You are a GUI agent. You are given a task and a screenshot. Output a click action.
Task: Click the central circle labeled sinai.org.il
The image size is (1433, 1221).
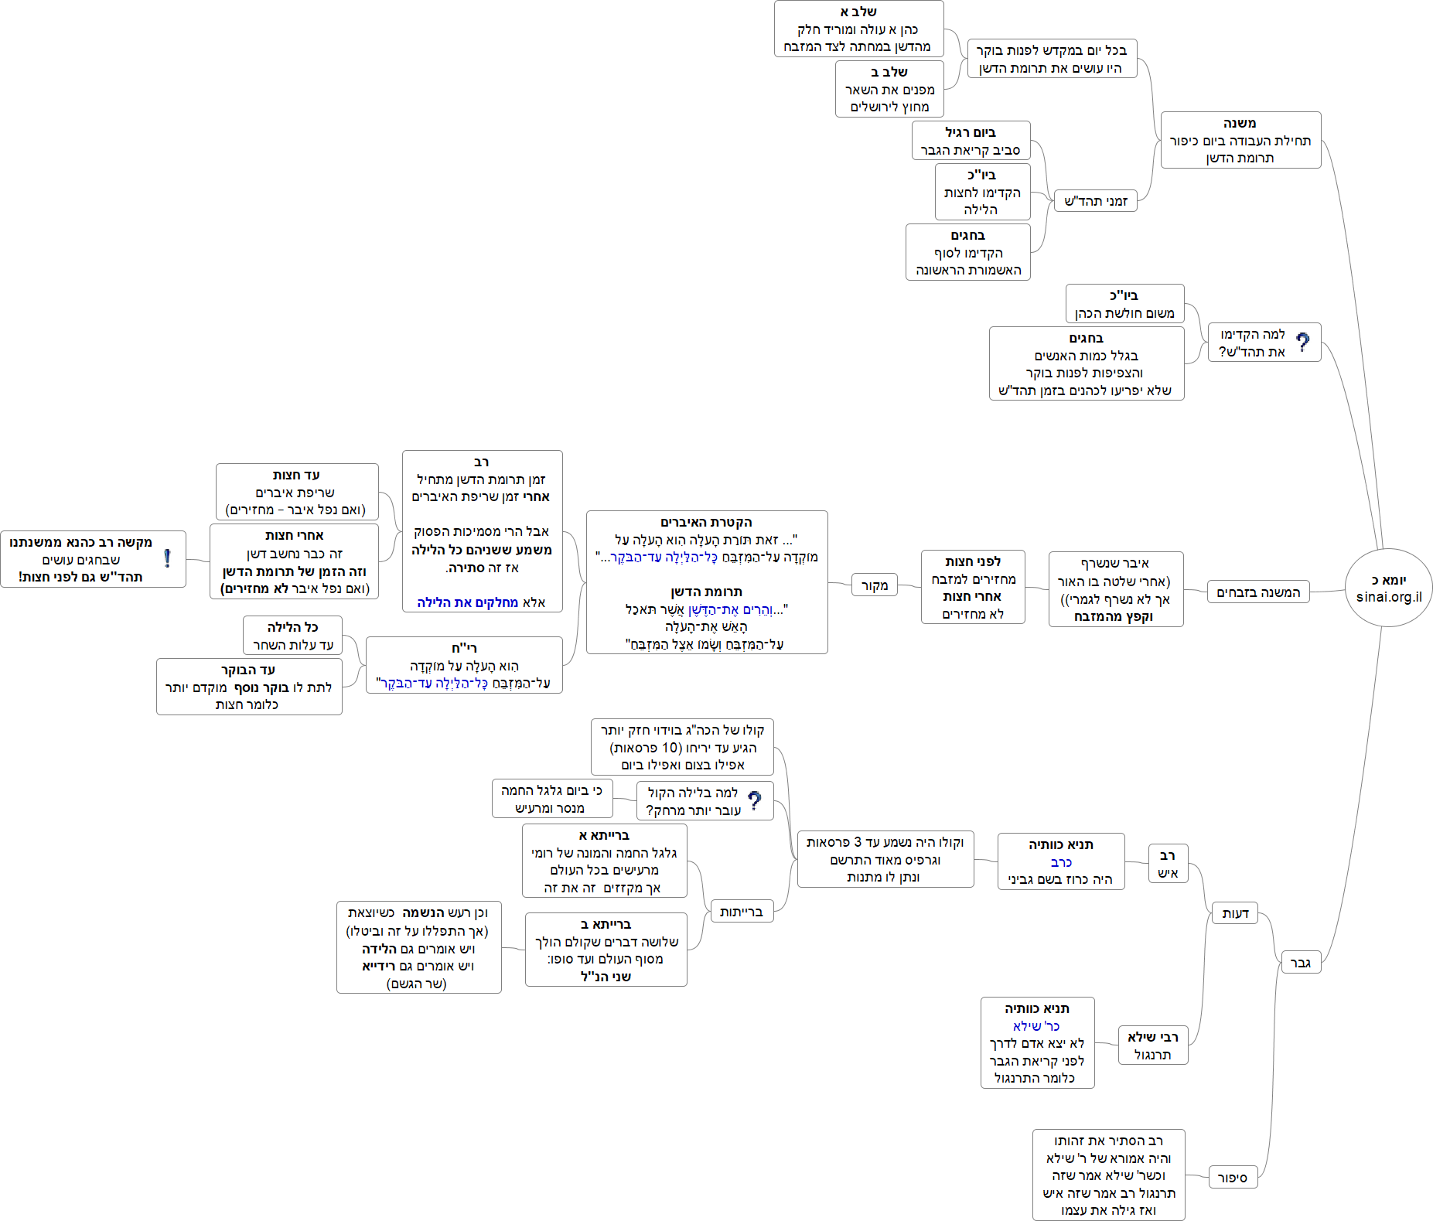[x=1388, y=588]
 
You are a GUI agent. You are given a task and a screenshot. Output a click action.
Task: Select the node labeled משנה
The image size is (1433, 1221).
[x=1240, y=140]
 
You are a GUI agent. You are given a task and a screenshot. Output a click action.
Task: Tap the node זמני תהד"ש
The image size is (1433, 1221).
[x=1096, y=201]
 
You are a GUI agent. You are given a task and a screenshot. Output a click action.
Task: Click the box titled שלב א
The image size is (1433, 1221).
[x=858, y=29]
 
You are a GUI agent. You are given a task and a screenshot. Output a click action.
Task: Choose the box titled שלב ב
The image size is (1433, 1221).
[x=889, y=89]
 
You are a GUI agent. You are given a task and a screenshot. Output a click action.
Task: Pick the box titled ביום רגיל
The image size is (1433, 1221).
[x=971, y=141]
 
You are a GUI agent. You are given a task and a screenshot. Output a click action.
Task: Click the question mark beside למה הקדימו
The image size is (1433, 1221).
[x=1303, y=342]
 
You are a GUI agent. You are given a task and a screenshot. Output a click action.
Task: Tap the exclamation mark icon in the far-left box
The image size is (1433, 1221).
[x=167, y=558]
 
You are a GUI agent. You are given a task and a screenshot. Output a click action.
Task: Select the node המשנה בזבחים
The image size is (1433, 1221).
[x=1258, y=592]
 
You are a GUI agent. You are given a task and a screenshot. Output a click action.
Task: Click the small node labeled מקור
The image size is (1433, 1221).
[x=875, y=585]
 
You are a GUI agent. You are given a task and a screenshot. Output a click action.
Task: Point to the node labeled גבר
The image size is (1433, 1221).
[x=1301, y=963]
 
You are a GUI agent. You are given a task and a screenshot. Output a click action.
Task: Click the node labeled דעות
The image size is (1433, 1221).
[x=1235, y=913]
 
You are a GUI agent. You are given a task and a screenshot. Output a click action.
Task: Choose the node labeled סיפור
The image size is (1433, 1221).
[x=1233, y=1178]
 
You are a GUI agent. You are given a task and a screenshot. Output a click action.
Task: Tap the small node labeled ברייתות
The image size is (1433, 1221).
[x=741, y=912]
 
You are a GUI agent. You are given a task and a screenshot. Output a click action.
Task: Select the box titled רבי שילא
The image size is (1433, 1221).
[x=1152, y=1045]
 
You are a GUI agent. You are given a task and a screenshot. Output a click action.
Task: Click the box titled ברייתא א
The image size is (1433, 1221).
[x=604, y=861]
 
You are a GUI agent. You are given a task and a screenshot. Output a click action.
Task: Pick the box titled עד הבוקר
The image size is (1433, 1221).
[x=249, y=687]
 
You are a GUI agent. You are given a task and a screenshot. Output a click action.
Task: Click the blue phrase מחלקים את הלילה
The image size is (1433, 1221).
[x=467, y=602]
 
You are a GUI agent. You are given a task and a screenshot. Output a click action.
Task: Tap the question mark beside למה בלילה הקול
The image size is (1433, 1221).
[x=755, y=800]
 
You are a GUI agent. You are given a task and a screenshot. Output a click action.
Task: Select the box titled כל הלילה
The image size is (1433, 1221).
[x=292, y=636]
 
